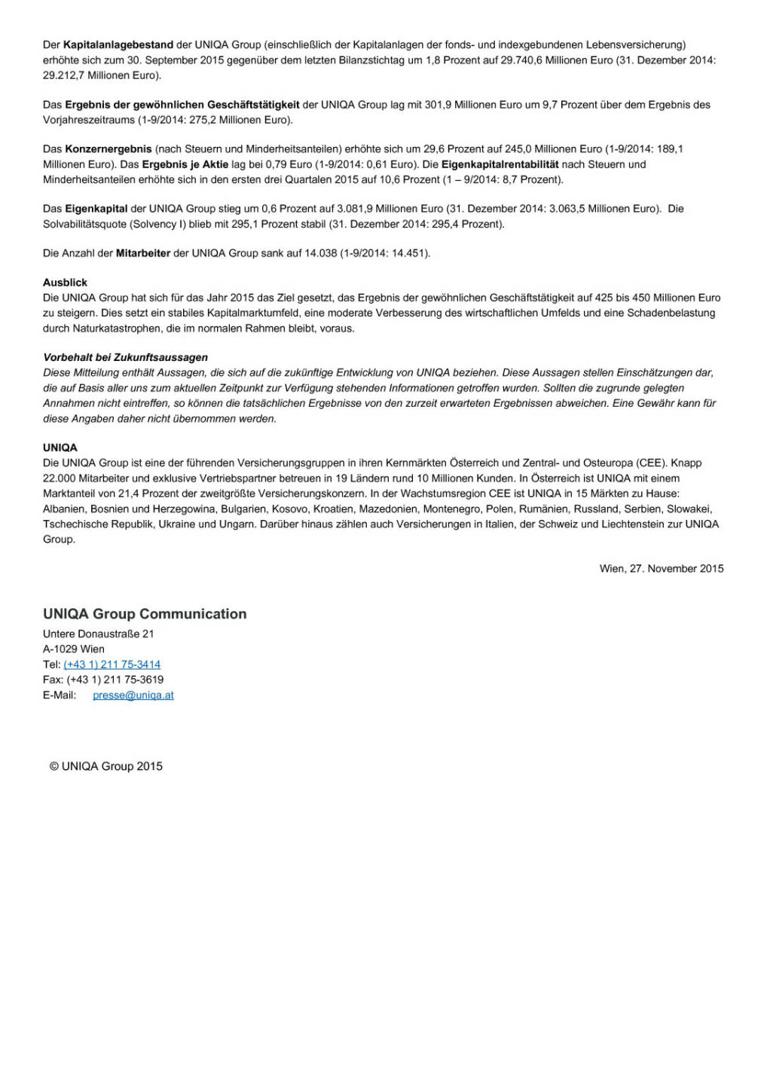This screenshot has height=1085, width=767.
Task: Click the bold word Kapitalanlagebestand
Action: pos(118,45)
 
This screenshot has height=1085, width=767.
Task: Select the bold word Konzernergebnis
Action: pos(108,149)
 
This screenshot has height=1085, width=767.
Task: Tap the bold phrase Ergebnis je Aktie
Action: pos(185,164)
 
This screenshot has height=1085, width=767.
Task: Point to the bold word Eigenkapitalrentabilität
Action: pos(500,164)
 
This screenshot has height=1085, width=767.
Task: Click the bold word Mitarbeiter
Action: pos(143,253)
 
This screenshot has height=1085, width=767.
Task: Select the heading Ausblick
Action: pos(66,283)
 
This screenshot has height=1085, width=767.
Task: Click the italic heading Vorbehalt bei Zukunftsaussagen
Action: pos(125,357)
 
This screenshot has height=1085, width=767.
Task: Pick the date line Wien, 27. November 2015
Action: pos(661,569)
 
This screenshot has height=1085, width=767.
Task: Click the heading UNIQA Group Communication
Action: pos(145,614)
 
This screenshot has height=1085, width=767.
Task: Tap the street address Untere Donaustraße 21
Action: pos(99,634)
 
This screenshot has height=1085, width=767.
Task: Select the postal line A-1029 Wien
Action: pos(74,649)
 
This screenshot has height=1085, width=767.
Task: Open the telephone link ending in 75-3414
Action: pos(112,665)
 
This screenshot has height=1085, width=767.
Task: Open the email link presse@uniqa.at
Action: pos(133,695)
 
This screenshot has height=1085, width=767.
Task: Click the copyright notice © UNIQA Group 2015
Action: pos(106,766)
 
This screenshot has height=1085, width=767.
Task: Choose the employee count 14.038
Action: pos(320,253)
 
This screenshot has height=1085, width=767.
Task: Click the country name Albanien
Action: pos(63,509)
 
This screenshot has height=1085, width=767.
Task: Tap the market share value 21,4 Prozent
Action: pos(151,494)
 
